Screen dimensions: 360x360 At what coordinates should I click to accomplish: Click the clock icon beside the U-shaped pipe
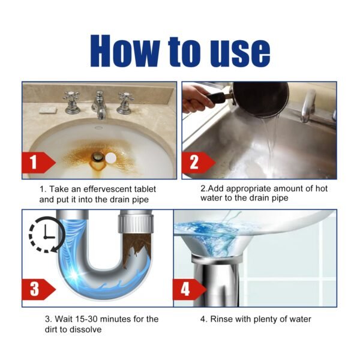pos(42,236)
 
